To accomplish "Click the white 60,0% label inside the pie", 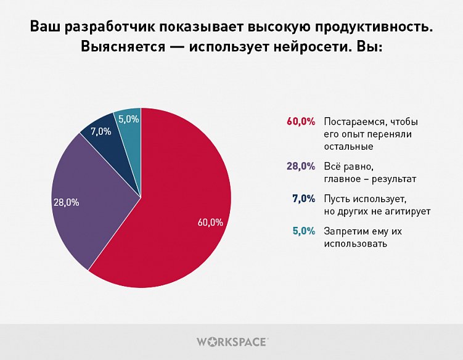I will coord(210,223).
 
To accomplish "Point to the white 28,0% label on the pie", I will coord(67,202).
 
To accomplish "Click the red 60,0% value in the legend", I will coord(301,121).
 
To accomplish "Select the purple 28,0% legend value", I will coord(301,166).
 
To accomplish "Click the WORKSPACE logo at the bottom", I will coord(231,341).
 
